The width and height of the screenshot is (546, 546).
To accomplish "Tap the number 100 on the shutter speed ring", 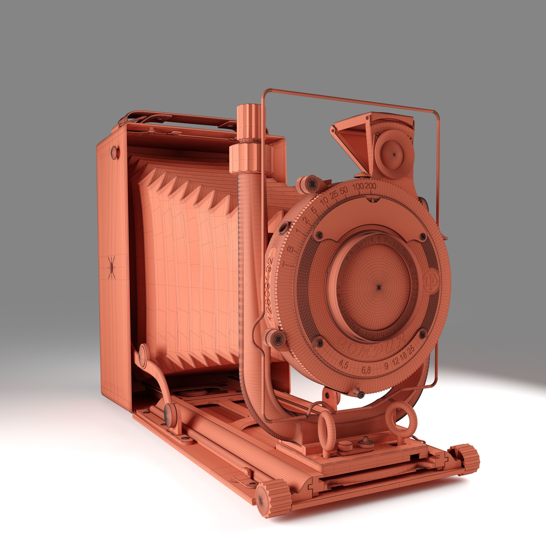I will click(x=358, y=187).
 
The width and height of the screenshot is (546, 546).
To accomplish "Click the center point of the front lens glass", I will click(x=378, y=287).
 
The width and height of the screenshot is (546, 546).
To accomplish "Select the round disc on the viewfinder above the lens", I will click(x=393, y=154).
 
